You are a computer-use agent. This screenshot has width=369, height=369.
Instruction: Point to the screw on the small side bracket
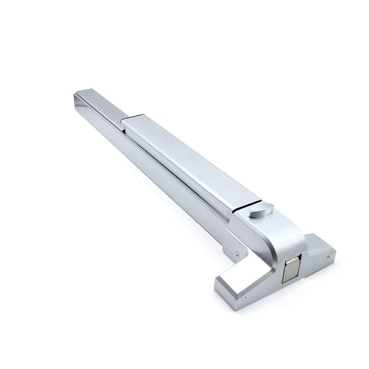coord(237,254)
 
